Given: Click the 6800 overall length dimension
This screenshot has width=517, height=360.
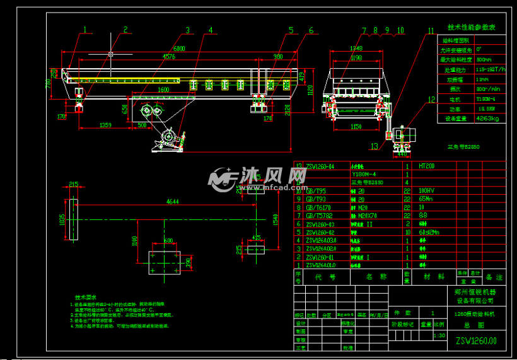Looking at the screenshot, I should pyautogui.click(x=179, y=48).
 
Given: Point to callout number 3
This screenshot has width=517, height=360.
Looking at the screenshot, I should pyautogui.click(x=187, y=30).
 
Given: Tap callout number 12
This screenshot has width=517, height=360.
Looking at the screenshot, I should pyautogui.click(x=431, y=99).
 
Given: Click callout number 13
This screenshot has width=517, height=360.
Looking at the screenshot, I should pyautogui.click(x=375, y=147).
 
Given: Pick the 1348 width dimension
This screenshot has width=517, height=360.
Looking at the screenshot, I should pyautogui.click(x=356, y=48).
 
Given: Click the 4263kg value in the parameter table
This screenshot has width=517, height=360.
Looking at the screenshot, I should pyautogui.click(x=487, y=118).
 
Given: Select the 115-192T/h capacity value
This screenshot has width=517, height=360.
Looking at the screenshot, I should pyautogui.click(x=489, y=70).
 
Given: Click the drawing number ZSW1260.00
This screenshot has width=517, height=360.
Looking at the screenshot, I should pyautogui.click(x=476, y=340).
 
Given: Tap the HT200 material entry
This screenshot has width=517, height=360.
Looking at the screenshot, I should pyautogui.click(x=427, y=166).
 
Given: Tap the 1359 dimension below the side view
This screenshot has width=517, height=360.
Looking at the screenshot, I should pyautogui.click(x=106, y=125).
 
